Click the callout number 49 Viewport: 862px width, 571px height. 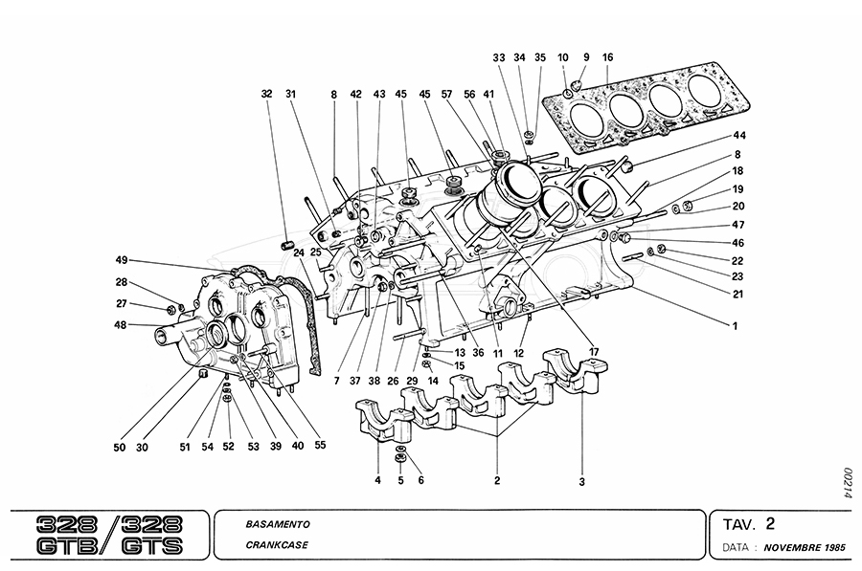pyautogui.click(x=122, y=260)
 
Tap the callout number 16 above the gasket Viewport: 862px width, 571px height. pyautogui.click(x=607, y=57)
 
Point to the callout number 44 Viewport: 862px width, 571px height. pyautogui.click(x=739, y=135)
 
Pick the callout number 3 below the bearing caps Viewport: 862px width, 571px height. pyautogui.click(x=581, y=482)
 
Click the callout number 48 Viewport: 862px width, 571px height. pyautogui.click(x=122, y=325)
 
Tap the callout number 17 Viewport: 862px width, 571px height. pyautogui.click(x=594, y=352)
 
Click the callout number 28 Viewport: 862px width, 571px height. pyautogui.click(x=122, y=282)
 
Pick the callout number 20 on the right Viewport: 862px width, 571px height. pyautogui.click(x=739, y=206)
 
